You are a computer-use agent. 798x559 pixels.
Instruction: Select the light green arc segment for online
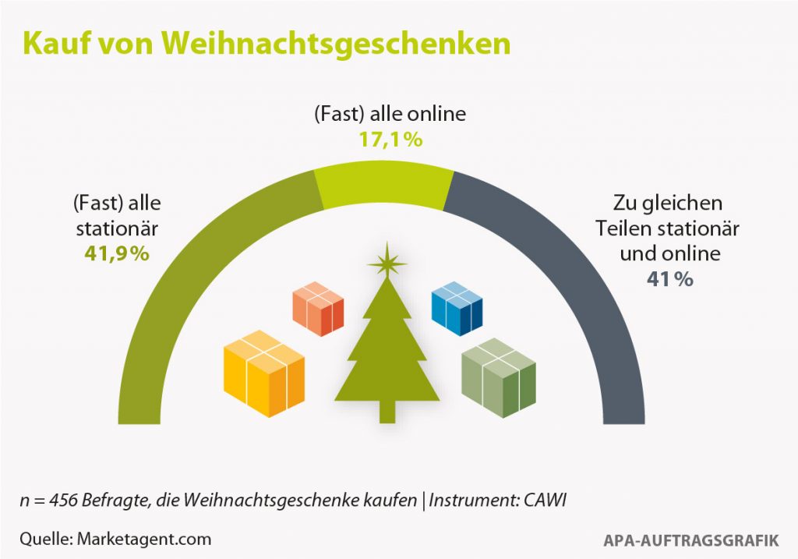coord(384,188)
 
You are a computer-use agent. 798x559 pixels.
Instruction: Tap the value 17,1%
coord(389,140)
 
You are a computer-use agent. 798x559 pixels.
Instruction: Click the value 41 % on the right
coord(669,278)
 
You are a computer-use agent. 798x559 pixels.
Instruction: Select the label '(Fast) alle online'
coord(389,115)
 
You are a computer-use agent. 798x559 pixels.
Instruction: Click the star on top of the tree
coord(387,263)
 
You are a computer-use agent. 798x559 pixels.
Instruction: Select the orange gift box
coord(318,307)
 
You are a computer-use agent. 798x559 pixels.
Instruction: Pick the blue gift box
coord(457,304)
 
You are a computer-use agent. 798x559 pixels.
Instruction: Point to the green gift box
coord(498,374)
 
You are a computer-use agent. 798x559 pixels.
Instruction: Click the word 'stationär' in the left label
coord(117,230)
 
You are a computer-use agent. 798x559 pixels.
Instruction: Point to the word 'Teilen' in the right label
coord(623,229)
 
